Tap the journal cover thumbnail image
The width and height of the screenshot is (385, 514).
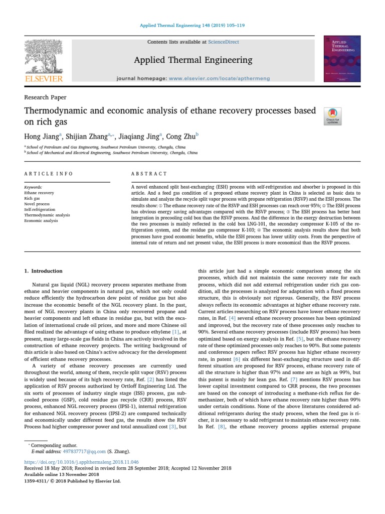[x=342, y=58]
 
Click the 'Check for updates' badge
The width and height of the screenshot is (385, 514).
[x=333, y=116]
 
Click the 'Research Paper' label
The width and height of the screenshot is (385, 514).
[x=45, y=97]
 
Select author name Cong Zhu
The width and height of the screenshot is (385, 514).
[x=182, y=136]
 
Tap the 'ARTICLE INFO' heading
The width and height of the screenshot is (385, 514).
[x=49, y=174]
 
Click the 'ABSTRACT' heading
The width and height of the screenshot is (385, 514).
[x=149, y=174]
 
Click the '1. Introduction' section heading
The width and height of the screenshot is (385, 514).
[x=44, y=271]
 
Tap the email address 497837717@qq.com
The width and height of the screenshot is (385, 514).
[x=71, y=451]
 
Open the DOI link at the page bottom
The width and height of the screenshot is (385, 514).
[x=81, y=461]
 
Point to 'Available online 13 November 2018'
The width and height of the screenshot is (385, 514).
[x=62, y=474]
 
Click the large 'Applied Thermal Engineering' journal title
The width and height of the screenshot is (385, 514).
[x=193, y=60]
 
